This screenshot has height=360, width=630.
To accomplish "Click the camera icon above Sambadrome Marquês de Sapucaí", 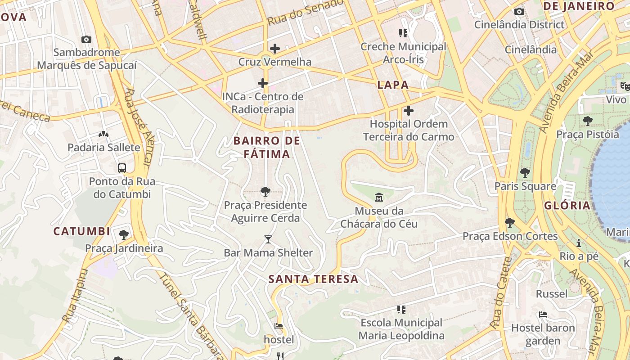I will point(86,40).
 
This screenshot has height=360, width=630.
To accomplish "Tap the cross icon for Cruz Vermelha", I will point(274,49).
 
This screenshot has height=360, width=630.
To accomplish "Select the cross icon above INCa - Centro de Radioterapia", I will point(263,83).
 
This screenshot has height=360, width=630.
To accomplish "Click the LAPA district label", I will point(393,85).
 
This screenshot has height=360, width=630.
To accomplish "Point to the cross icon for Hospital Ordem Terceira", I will point(409,110).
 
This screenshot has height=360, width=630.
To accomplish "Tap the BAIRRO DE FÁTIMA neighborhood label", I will point(267,147).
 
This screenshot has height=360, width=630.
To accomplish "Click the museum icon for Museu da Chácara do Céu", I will point(378,197).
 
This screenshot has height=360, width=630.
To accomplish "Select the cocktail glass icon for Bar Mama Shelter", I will point(268,239).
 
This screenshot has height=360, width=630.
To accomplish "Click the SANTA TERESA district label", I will point(313,279).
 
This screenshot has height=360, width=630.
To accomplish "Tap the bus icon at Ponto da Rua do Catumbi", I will point(122,168).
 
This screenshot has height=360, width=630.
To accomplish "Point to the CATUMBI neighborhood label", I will point(82,231).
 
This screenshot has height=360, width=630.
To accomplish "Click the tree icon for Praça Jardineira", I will point(124,234).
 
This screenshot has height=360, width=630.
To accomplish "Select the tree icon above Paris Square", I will point(525,172).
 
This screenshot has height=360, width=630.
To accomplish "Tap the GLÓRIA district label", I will point(567,206).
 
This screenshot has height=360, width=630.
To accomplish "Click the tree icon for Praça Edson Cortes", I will point(510,222).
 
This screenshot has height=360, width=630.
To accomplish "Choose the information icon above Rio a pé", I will point(579,243).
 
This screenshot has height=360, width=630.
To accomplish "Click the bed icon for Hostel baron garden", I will point(543,315).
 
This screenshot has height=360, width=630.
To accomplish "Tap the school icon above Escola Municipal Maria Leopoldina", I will point(402,309).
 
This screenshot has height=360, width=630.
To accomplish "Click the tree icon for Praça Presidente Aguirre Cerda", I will point(265,192).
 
